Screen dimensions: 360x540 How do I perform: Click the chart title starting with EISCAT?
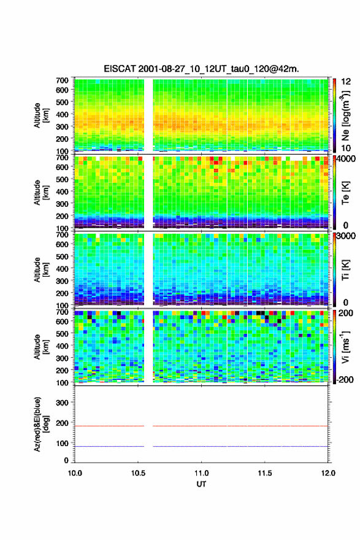coord(201,69)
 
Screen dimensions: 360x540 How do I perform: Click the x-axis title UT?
coord(201,484)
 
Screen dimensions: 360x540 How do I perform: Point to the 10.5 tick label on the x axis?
coord(138,473)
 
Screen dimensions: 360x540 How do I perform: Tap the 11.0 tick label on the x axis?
coord(201,473)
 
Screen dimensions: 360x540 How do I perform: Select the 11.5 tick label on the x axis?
coord(265,473)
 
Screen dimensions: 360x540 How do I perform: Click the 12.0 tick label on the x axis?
coord(328,473)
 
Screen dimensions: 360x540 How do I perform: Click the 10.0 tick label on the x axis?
coord(75,473)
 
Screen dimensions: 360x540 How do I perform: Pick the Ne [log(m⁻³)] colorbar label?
coord(345,115)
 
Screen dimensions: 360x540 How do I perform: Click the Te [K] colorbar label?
coord(345,193)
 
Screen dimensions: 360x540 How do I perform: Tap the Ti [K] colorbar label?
coord(345,269)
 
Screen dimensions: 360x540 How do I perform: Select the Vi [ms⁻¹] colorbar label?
coord(345,347)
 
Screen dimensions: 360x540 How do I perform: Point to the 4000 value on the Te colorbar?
coord(347,160)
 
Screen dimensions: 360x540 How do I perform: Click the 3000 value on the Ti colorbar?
coord(347,236)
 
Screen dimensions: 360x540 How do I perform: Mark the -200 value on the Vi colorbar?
coord(343,379)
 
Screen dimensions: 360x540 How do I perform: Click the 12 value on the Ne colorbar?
coord(347,82)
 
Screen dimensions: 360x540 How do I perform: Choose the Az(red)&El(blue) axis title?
coord(41,424)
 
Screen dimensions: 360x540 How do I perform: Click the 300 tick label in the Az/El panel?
coord(63,403)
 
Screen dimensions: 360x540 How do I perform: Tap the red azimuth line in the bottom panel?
coord(201,426)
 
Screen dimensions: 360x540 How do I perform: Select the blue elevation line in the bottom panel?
coord(201,446)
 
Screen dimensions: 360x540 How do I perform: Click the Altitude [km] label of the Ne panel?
coord(41,115)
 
